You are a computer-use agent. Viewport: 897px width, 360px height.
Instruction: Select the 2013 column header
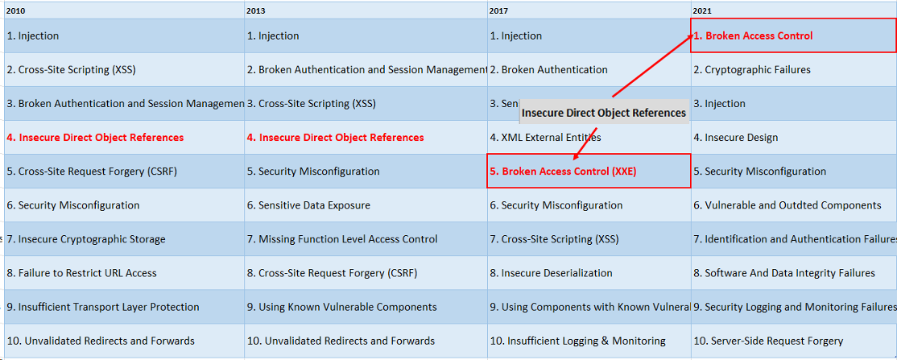256,10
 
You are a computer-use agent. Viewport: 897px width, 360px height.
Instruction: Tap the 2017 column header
498,10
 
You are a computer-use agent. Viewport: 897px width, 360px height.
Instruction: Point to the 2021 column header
702,10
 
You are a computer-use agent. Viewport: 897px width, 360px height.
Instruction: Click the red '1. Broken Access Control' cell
754,36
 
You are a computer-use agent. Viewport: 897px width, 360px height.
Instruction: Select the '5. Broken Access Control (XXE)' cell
564,172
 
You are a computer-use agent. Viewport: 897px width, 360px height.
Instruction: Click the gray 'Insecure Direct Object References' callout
603,113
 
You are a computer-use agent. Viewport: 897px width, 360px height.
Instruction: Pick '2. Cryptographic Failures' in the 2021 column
752,70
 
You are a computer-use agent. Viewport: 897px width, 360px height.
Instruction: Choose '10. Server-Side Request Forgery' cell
768,341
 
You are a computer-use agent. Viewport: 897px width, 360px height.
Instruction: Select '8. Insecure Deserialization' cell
552,273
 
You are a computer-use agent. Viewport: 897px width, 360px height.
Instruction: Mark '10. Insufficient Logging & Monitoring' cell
578,341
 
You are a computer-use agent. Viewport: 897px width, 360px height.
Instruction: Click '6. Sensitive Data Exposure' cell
309,205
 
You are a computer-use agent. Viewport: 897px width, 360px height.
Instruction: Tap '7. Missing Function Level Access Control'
343,239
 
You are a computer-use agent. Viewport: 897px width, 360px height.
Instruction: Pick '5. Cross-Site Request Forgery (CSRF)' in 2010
92,172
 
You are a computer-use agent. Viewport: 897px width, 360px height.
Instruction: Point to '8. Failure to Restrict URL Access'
82,273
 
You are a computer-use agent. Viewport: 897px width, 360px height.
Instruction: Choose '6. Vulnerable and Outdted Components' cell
787,205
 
